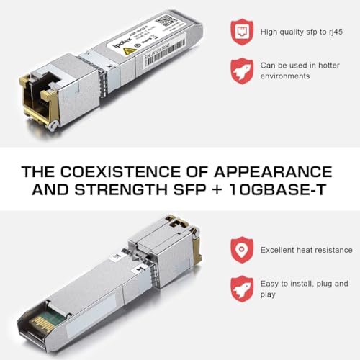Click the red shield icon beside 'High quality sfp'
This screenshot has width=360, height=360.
[x=241, y=31]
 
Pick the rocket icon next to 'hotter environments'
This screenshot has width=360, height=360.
[x=241, y=70]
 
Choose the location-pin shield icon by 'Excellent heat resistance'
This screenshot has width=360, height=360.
[x=241, y=250]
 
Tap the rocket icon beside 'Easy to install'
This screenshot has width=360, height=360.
[x=241, y=289]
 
